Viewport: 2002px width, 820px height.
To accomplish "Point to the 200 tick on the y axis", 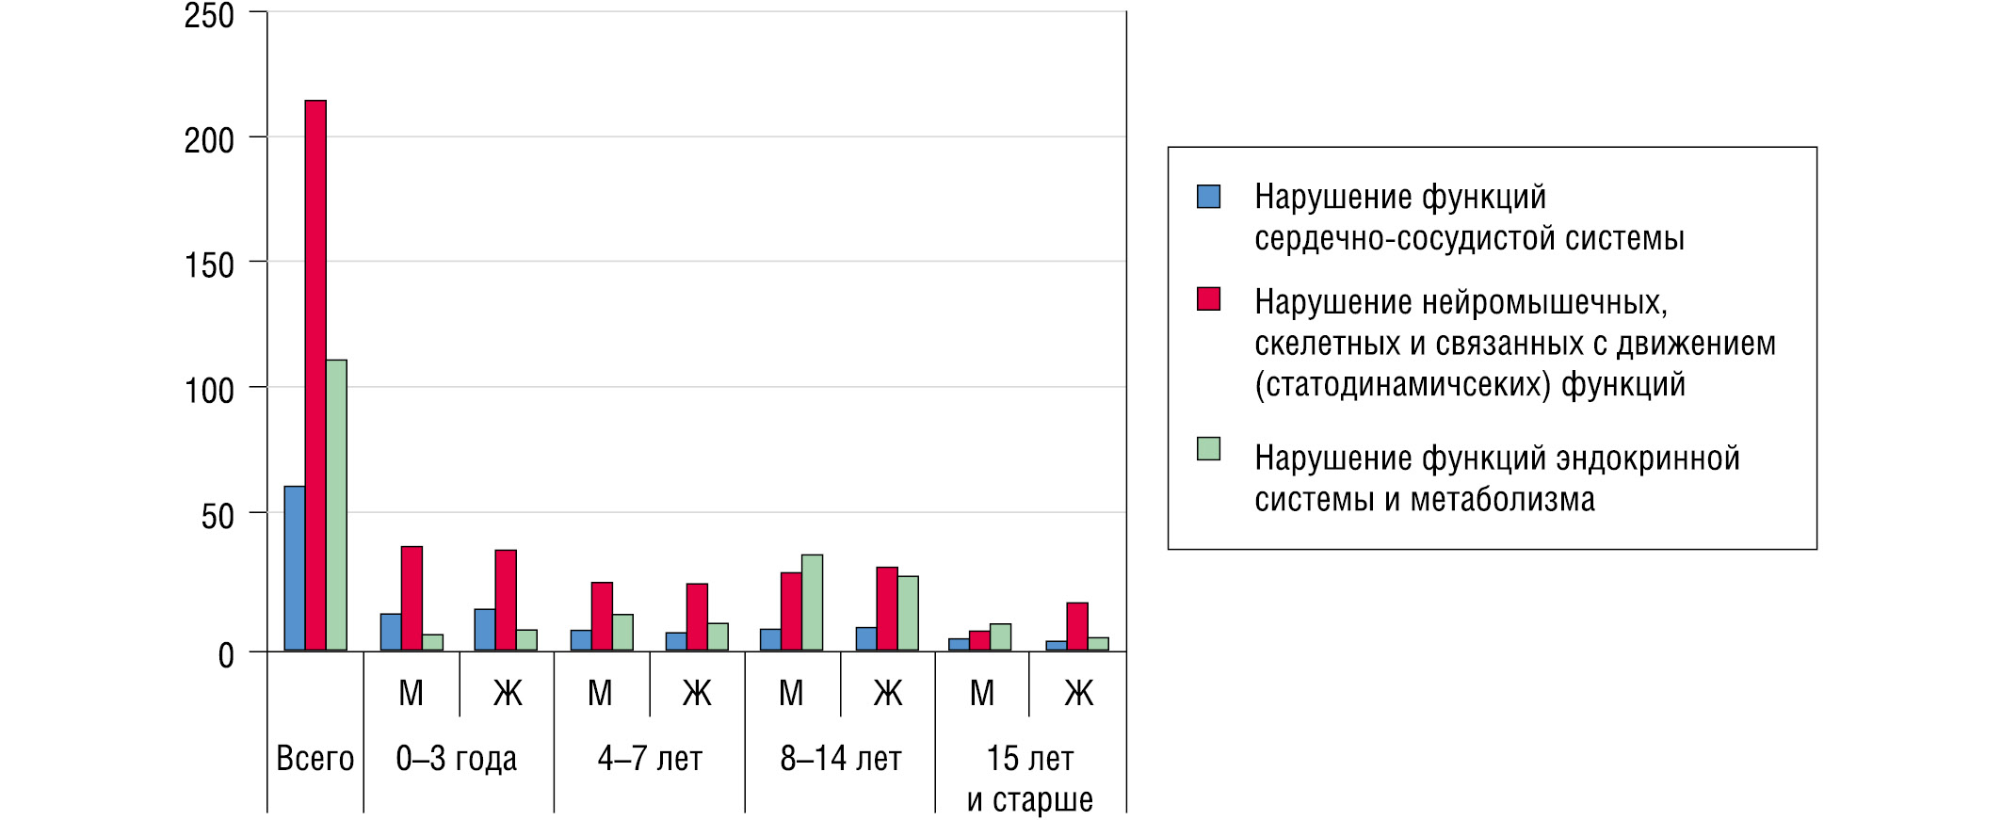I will point(209,140).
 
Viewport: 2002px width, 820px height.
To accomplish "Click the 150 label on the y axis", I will point(209,265).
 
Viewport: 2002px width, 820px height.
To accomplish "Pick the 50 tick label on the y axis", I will point(218,516).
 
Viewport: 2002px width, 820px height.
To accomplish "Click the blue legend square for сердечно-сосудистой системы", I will point(1208,197).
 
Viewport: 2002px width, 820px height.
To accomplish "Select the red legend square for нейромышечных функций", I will point(1208,299).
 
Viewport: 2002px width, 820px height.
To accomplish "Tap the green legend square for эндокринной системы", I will point(1208,449).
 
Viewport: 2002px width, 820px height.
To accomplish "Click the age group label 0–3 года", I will point(457,758).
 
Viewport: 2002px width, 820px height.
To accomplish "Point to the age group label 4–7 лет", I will point(650,758).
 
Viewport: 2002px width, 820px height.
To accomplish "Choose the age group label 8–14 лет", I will point(841,758).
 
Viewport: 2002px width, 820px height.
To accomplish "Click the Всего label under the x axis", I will point(315,758).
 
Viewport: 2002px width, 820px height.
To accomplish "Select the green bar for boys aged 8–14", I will point(812,603).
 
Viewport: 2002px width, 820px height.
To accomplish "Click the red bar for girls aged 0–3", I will point(506,600).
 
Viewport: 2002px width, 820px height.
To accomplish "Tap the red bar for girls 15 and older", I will point(1077,626).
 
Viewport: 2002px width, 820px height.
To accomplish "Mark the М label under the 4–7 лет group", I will point(600,694).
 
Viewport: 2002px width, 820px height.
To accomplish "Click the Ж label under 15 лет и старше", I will point(1078,694).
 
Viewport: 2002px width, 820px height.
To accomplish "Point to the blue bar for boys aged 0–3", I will point(391,632).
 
